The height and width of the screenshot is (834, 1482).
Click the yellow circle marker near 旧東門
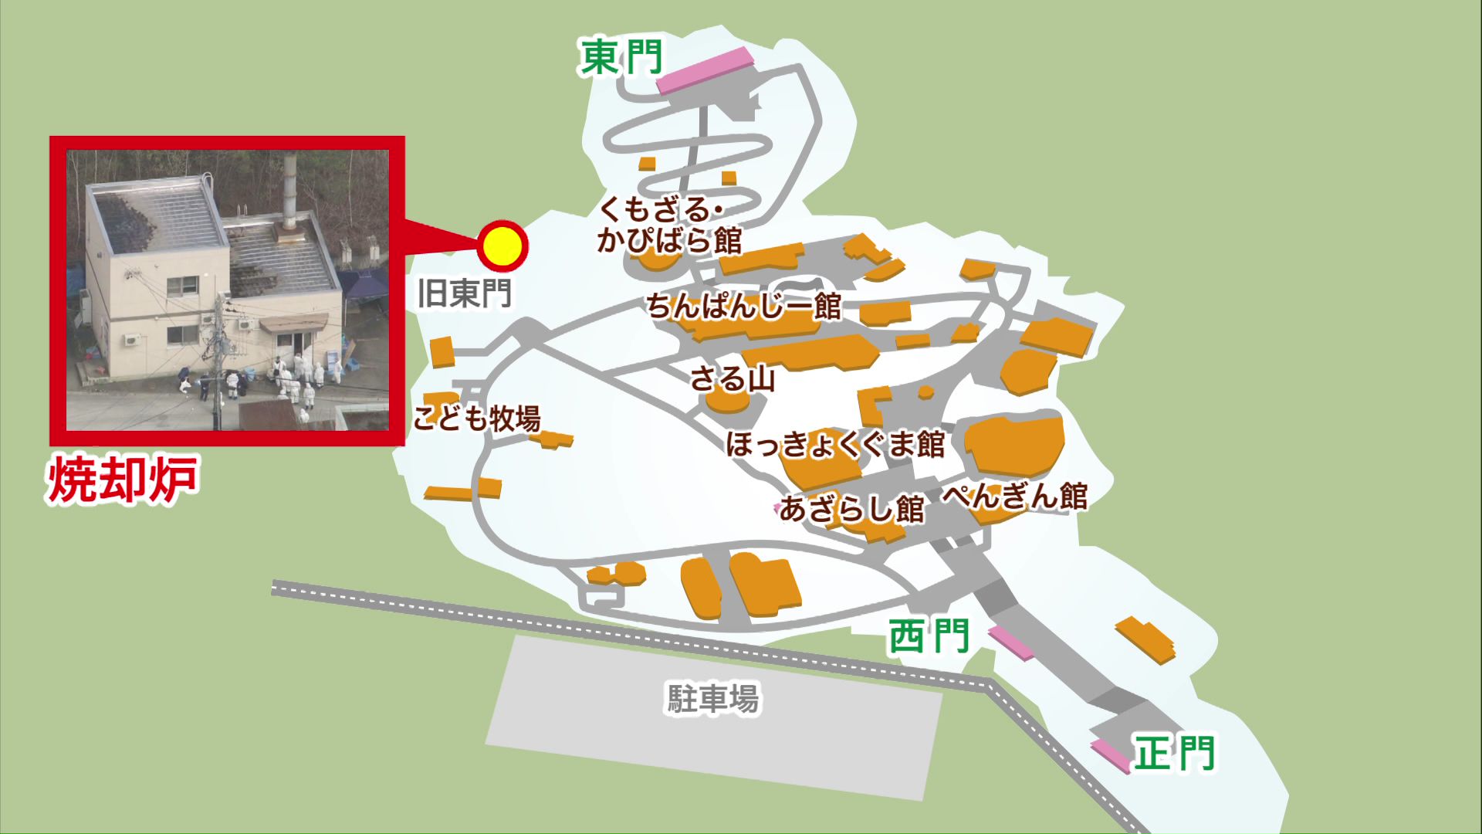pos(502,246)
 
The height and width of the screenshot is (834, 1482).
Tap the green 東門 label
pos(621,57)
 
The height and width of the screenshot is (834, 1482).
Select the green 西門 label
pos(929,637)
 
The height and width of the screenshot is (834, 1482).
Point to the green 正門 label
pos(1174,753)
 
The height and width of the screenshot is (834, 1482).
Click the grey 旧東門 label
pos(464,293)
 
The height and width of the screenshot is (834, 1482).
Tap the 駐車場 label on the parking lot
pos(712,698)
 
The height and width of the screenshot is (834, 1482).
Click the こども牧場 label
pos(476,419)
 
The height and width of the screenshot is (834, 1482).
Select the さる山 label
pos(732,379)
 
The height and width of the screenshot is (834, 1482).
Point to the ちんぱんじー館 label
pos(743,307)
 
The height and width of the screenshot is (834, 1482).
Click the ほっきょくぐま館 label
pos(835,444)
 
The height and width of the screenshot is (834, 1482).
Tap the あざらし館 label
pos(851,509)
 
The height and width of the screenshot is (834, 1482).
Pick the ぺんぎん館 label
pos(1015,496)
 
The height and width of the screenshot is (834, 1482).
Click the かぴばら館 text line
pos(669,240)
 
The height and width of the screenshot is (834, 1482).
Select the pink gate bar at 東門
pos(705,70)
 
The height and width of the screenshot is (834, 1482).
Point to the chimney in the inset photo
pos(290,189)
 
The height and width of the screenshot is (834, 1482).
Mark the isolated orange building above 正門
pos(1146,639)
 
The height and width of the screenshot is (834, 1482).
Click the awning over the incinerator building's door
pos(293,323)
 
